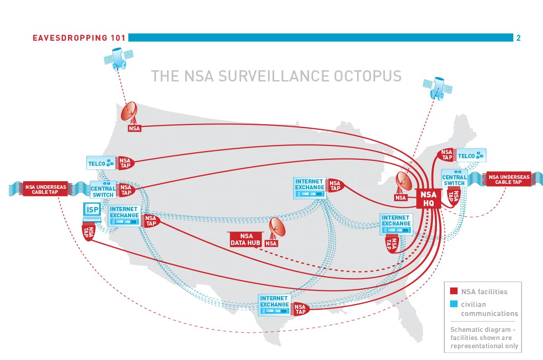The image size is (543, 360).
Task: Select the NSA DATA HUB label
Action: (x=246, y=239)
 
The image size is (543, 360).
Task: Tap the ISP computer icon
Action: (x=92, y=211)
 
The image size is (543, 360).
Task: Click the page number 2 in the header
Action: (x=519, y=38)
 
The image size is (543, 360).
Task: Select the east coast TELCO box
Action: (x=471, y=156)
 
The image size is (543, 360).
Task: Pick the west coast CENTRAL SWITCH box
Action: (x=103, y=190)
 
